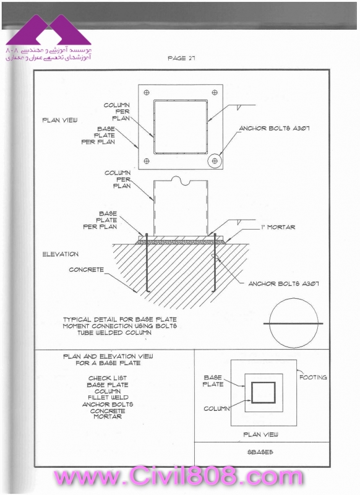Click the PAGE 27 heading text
click(181, 58)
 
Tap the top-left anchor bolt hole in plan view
click(147, 92)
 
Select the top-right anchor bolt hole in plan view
click(215, 92)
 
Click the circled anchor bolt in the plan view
click(215, 161)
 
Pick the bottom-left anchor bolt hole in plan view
click(147, 161)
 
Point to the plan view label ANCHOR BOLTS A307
click(274, 128)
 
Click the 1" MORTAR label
click(278, 227)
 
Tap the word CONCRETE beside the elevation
click(87, 270)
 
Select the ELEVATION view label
click(60, 254)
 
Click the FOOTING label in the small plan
click(313, 377)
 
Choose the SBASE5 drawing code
click(260, 452)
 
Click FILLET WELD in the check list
click(108, 397)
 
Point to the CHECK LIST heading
click(108, 378)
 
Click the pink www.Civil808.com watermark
click(178, 476)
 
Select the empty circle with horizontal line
click(294, 324)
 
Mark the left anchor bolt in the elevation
click(147, 262)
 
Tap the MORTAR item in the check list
click(108, 416)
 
